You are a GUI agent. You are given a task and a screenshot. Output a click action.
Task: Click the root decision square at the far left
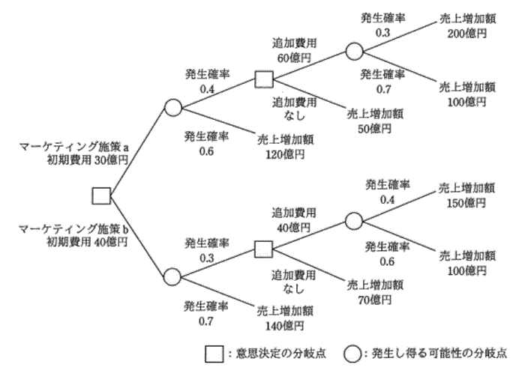point(101,196)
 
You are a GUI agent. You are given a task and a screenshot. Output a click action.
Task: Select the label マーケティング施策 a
point(74,147)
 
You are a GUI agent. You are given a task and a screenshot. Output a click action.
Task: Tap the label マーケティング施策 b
point(73,229)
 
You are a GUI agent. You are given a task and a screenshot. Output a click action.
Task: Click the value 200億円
point(467,34)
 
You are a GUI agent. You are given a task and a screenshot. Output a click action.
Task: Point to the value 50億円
point(375,129)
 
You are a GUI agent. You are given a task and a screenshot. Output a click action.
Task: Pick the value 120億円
point(285,154)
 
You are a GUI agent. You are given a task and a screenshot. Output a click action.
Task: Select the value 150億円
point(466,203)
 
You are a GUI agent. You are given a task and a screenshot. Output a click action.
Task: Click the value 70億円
point(375,300)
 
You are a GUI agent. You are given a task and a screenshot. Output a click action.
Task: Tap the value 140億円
point(284,326)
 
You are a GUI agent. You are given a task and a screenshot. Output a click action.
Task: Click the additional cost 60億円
point(294,58)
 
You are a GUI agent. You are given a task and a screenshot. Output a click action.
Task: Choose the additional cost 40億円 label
point(294,228)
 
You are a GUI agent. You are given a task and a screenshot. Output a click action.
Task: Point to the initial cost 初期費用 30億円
point(88,160)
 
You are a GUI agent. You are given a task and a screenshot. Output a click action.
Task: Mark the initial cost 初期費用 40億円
point(87,242)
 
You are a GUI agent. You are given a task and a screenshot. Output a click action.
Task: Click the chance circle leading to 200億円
point(354,52)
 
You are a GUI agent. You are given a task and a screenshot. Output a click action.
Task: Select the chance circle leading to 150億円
point(354,221)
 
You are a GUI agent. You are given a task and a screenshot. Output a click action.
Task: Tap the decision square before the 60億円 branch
point(264,79)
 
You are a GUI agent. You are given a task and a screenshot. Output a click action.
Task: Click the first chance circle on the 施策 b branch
point(172,277)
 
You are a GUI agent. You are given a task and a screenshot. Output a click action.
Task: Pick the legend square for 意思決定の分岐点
point(214,354)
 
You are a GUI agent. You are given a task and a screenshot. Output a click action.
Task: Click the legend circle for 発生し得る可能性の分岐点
point(352,354)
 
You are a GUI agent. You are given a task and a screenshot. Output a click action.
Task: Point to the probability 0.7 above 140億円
point(206,321)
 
